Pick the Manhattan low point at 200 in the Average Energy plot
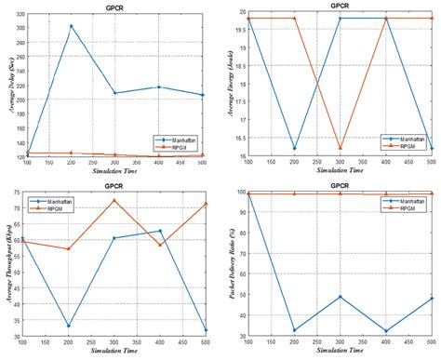pos(295,148)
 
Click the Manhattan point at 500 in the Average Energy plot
pos(429,148)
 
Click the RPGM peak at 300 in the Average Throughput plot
pos(114,200)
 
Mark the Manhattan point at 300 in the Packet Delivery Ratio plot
pos(340,297)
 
